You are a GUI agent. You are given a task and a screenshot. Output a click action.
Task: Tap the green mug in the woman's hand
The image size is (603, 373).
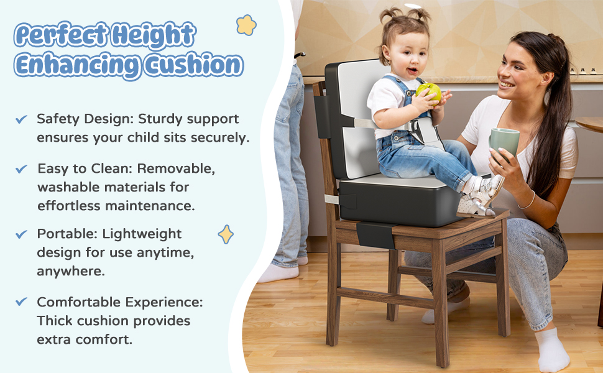coord(504,142)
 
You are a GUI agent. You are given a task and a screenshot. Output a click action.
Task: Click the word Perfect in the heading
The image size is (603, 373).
coord(62,34)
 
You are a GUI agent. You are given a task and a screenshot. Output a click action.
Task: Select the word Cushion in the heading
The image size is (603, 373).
coord(194,64)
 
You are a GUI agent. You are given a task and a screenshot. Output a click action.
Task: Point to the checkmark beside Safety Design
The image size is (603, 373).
coord(21,119)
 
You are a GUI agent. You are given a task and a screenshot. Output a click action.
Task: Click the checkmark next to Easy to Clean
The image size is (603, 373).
coord(21,169)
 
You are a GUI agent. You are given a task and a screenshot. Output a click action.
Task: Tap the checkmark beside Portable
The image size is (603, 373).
coord(21,234)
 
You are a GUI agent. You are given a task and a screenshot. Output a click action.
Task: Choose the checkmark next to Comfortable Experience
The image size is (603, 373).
coord(21,302)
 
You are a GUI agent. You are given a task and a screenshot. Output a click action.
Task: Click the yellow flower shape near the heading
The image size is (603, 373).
coord(246,25)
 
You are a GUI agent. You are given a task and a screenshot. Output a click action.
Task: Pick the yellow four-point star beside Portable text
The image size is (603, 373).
coord(226,234)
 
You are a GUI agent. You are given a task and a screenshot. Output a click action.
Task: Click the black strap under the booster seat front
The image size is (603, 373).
coord(375,235)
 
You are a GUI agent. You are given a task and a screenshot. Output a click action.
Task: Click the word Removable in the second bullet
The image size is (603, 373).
coord(176,168)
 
